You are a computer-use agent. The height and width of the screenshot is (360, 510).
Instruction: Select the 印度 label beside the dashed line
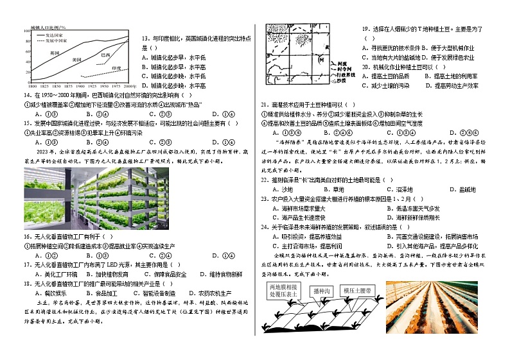(116, 67)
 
